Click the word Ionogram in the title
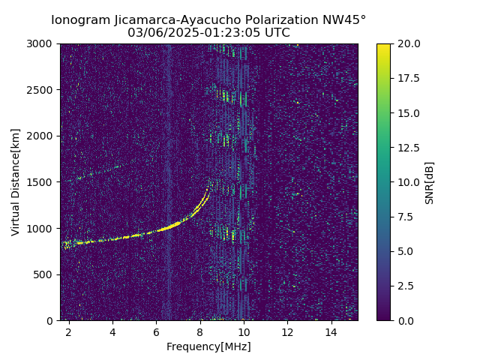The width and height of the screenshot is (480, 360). coord(79,20)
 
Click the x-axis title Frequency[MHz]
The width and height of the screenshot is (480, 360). coord(208,346)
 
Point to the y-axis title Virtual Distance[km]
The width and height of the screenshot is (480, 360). coord(16,181)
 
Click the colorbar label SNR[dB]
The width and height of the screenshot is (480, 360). coord(429,182)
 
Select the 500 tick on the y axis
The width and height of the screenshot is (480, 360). coord(46,274)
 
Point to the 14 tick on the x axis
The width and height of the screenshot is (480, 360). coord(331,331)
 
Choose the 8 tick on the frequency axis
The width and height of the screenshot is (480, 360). coord(200,331)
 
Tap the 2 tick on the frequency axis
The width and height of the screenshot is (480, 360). coord(69,331)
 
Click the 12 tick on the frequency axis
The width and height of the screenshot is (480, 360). coord(287,331)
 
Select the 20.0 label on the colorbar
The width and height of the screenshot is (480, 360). coord(407,43)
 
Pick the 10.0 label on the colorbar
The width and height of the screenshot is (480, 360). coord(407,182)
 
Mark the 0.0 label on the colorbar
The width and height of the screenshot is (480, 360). coord(405,320)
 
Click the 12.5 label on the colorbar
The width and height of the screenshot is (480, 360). coord(407,148)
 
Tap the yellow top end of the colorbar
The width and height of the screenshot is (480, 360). coord(383,46)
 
